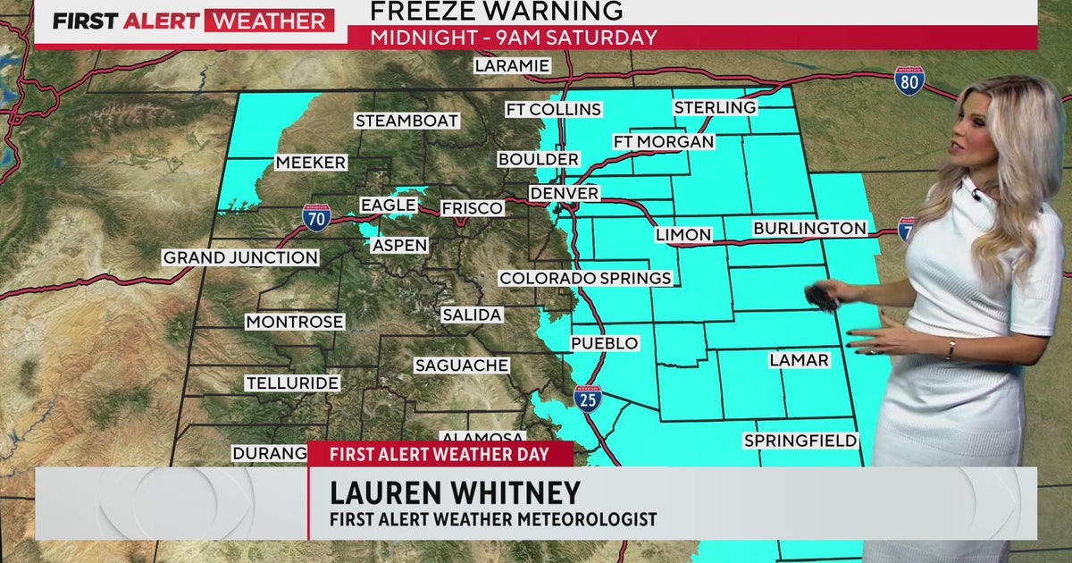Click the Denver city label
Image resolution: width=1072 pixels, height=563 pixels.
564,193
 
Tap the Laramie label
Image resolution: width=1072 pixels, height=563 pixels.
511,65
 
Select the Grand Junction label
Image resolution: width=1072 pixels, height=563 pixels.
240,257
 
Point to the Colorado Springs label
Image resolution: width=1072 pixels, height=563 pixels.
585,278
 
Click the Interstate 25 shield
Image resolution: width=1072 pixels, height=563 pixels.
588,399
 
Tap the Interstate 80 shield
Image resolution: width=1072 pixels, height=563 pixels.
909,81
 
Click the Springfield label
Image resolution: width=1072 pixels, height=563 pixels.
800,441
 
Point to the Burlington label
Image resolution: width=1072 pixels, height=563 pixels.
809,228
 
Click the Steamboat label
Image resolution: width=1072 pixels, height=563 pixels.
406,120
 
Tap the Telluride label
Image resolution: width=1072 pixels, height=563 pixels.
292,382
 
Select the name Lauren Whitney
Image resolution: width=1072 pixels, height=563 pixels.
455,492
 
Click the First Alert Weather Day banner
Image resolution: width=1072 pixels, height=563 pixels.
440,453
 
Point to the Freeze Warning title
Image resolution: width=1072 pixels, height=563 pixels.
496,11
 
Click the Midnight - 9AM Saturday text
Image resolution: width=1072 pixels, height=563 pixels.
514,38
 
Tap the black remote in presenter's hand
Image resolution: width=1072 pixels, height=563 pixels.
821,298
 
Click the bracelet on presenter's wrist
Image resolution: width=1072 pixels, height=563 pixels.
951,349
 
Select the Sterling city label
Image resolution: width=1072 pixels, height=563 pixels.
715,107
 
